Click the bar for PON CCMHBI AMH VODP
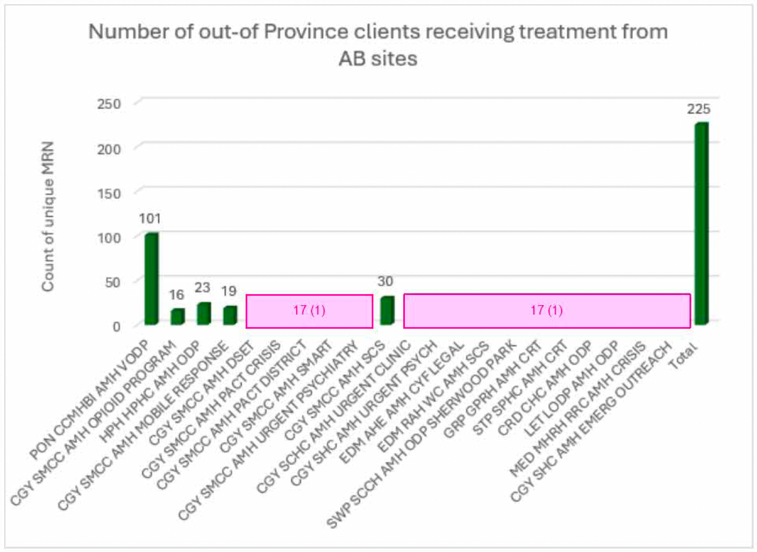coord(151,279)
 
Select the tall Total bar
coord(701,223)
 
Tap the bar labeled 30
coord(387,310)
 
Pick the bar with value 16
coord(177,316)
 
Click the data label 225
coord(698,109)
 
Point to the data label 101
coord(149,219)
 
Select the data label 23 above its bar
coord(202,288)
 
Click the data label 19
coord(228,291)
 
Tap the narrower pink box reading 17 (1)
coord(309,311)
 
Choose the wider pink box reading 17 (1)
coord(546,310)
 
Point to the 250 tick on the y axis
coord(109,103)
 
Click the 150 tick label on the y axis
coord(109,193)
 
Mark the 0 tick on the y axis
coord(116,326)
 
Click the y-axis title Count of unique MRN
coord(48,216)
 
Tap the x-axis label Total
coord(683,357)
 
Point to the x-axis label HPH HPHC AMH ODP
coord(151,393)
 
